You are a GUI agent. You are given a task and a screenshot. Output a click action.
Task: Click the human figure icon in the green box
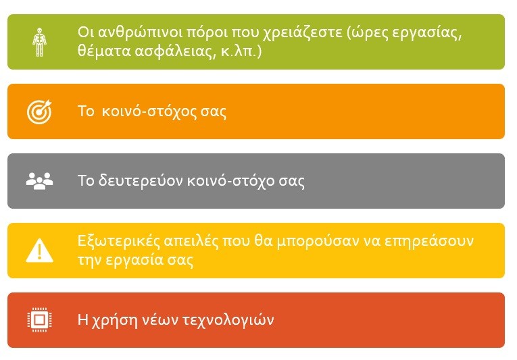(39, 42)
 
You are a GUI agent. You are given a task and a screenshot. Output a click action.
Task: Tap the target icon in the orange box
(40, 111)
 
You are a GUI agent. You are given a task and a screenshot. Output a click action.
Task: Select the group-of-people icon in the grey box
(40, 181)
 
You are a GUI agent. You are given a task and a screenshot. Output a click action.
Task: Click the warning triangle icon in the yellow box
(40, 250)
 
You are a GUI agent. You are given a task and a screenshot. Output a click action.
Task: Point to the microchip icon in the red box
(40, 319)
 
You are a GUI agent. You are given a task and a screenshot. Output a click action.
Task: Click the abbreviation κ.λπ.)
(241, 52)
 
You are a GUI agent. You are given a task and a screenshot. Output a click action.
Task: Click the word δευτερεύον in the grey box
(141, 180)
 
